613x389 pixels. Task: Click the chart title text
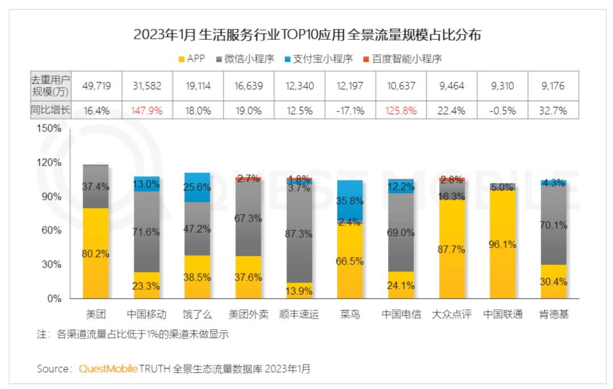[307, 35]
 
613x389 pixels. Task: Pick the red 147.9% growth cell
[146, 111]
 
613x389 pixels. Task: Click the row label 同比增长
[50, 111]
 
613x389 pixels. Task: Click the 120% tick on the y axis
[50, 162]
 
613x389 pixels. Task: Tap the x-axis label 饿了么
[196, 314]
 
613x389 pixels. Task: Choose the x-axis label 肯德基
[553, 314]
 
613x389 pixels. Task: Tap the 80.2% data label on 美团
[96, 254]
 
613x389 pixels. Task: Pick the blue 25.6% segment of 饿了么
[196, 187]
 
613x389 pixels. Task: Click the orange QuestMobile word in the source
[108, 369]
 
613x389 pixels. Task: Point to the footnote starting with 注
[133, 335]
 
